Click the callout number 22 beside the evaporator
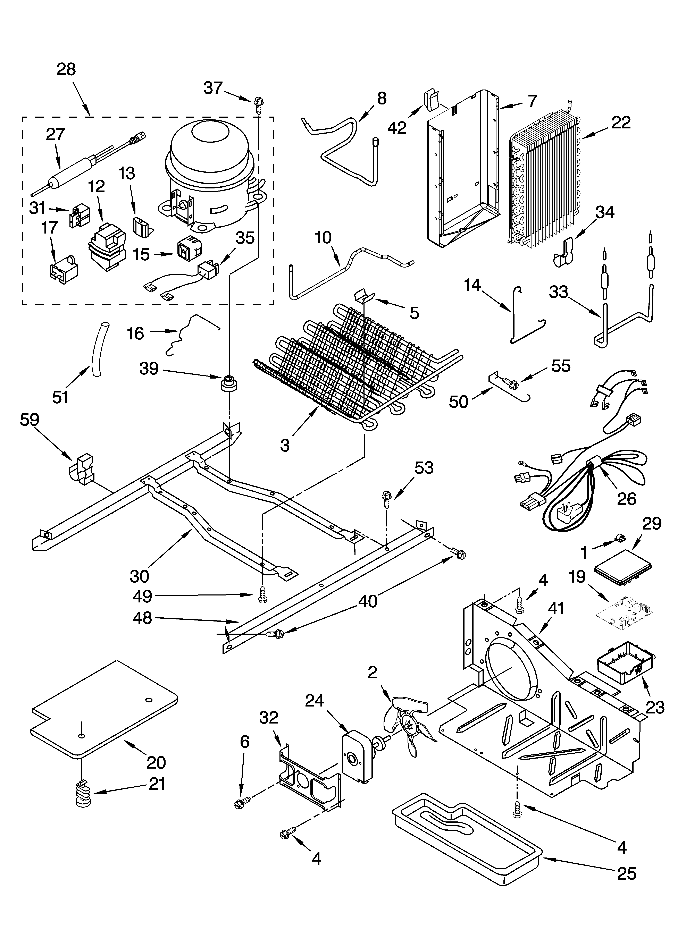click(x=621, y=122)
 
